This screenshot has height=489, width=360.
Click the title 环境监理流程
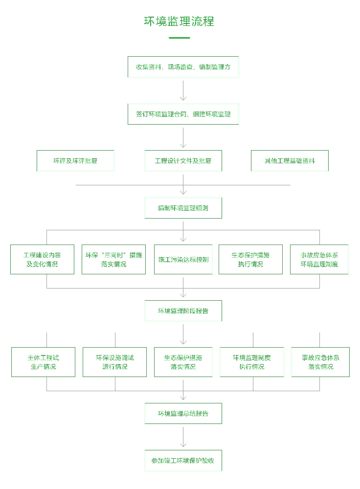pos(179,22)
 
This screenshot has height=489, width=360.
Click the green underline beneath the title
pos(179,38)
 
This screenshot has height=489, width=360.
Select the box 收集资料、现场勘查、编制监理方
pos(183,67)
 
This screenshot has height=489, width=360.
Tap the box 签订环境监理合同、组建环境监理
pos(183,114)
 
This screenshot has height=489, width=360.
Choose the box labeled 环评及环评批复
pos(75,160)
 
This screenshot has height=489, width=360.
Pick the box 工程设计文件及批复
pos(183,160)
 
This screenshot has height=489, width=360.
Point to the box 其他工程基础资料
pos(290,160)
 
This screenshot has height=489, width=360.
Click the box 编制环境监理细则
pos(183,208)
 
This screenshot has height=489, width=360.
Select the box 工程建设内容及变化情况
pos(42,259)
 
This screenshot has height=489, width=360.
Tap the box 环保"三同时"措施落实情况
pos(113,259)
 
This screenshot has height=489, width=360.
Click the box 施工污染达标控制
pos(183,259)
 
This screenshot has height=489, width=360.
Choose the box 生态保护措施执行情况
pos(250,259)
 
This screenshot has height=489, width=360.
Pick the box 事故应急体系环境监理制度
pos(319,259)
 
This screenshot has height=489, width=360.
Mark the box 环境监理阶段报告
pos(183,311)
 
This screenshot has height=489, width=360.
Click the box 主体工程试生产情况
pos(43,362)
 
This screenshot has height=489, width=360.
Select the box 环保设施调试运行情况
pos(114,362)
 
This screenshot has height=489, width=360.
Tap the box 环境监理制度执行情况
pos(251,362)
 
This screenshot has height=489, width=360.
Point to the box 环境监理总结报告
pos(183,413)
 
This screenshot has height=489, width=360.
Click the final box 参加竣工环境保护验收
pos(183,460)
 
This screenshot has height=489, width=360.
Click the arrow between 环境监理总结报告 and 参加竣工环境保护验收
pos(183,437)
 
